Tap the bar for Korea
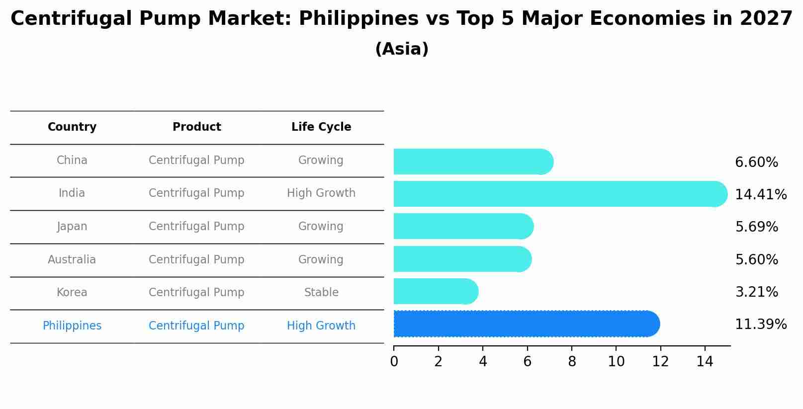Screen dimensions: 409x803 (435, 291)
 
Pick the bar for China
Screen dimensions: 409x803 (472, 162)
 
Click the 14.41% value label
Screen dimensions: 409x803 (760, 195)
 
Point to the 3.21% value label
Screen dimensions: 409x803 (756, 292)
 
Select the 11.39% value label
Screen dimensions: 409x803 (760, 325)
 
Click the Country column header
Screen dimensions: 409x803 (72, 127)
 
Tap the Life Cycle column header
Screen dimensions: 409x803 (321, 127)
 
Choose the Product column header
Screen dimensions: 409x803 (196, 127)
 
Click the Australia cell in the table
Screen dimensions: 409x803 (72, 259)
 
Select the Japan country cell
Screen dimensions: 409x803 (72, 227)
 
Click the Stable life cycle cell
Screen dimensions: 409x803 (321, 293)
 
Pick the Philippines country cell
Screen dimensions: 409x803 (72, 326)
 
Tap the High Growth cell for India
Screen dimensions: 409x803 (321, 193)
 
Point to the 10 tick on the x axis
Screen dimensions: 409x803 (616, 362)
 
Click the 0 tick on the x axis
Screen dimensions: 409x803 (394, 362)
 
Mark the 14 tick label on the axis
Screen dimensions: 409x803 (705, 362)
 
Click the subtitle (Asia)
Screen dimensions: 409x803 (402, 49)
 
